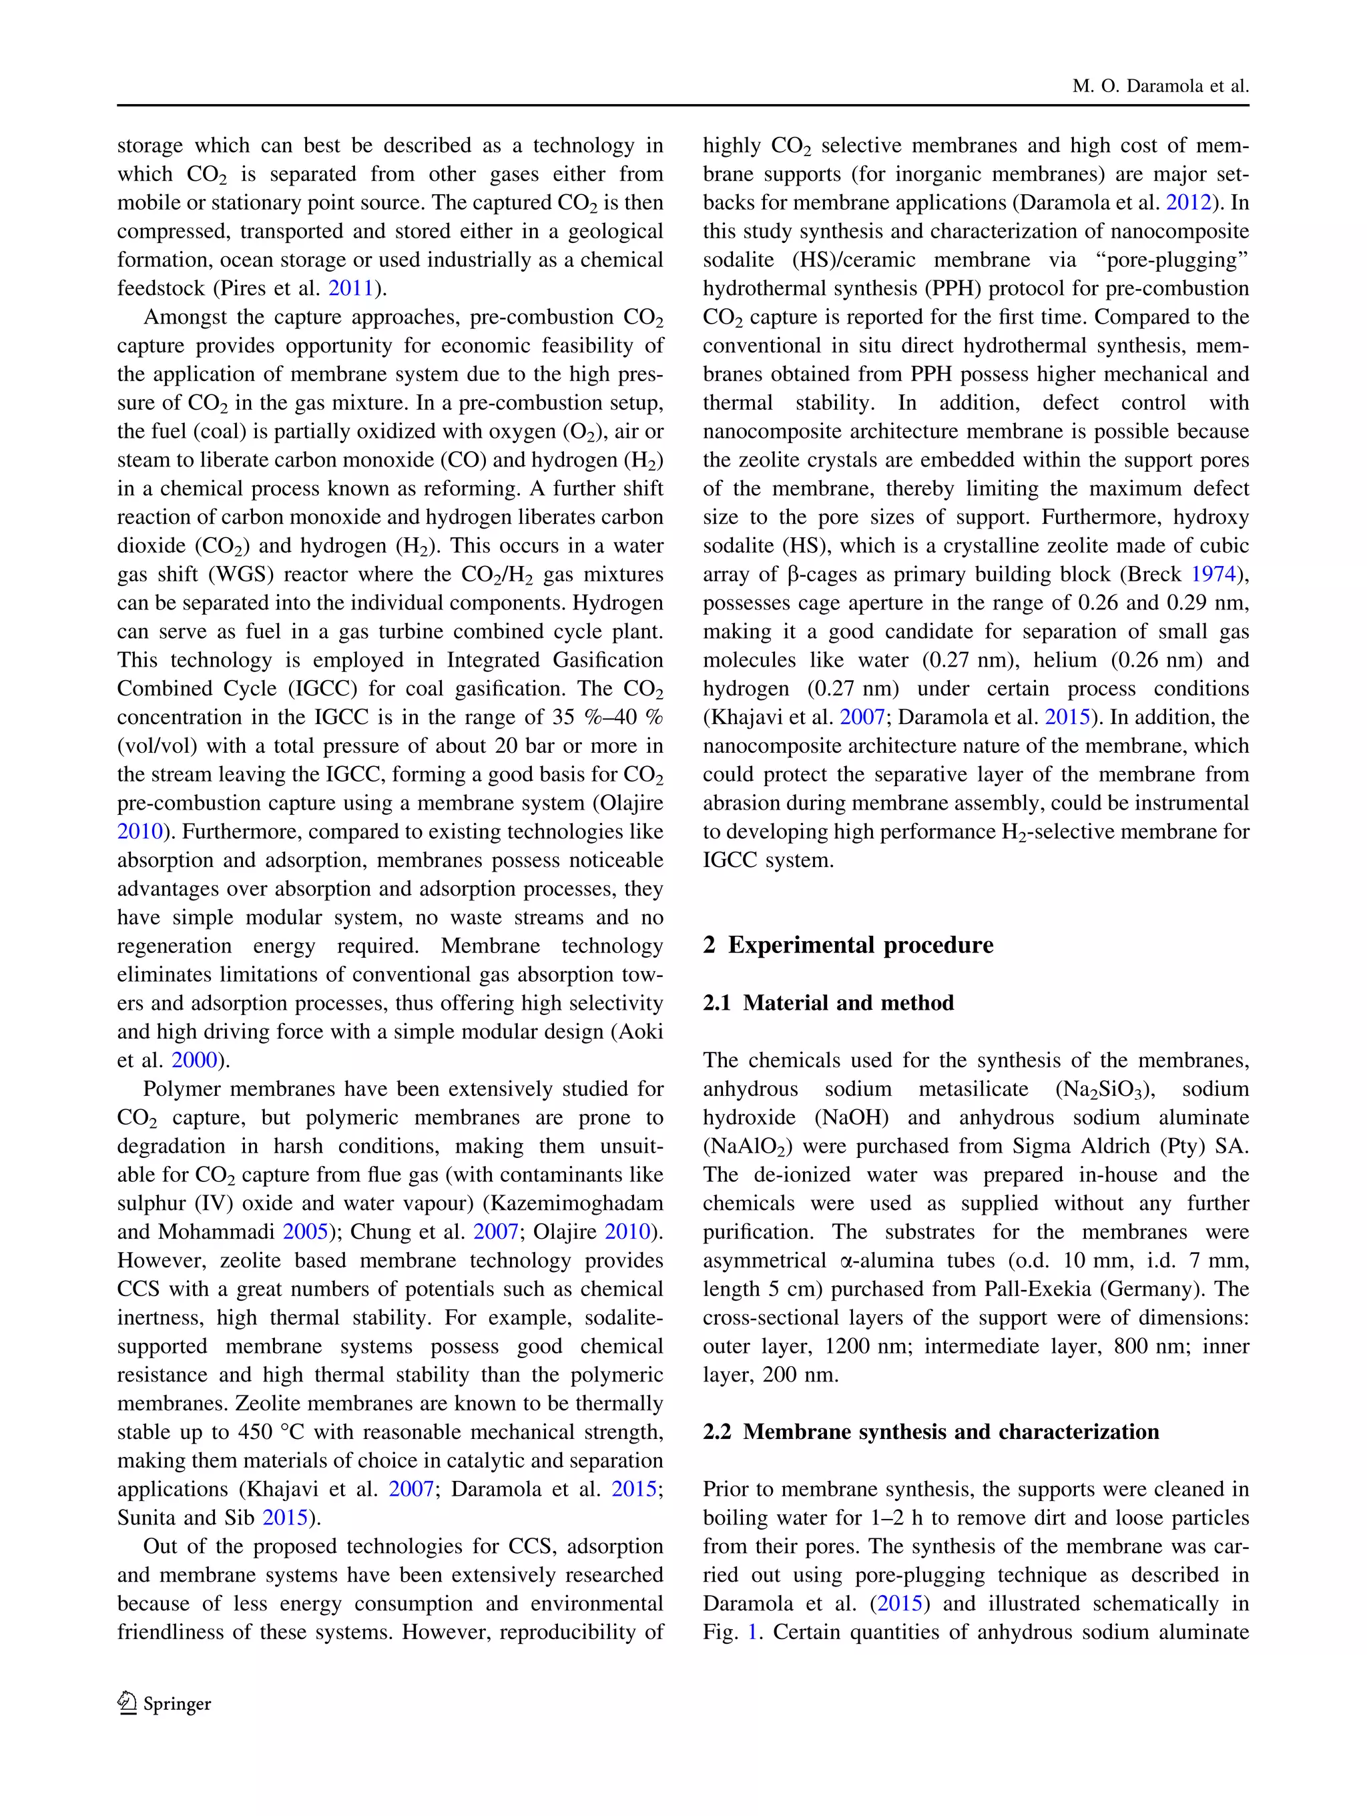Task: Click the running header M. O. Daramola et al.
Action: point(1159,86)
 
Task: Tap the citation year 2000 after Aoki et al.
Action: point(195,1061)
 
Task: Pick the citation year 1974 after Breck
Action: point(1213,575)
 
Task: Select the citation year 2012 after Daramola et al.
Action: point(1188,203)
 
